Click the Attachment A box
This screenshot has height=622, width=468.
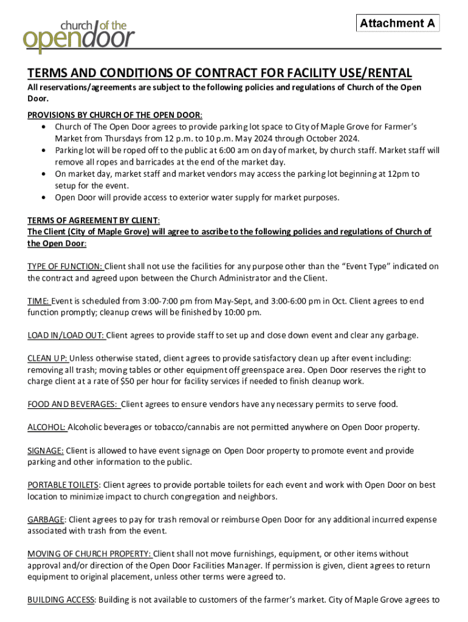tap(397, 23)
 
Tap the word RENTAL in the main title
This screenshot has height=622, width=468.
tap(388, 73)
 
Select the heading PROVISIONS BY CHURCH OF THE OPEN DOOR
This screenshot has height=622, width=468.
tap(115, 115)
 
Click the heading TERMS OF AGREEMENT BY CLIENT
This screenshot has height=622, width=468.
tap(94, 220)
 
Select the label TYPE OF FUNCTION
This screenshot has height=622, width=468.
tap(65, 267)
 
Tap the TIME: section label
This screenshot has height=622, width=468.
tap(38, 301)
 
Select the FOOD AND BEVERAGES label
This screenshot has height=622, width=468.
tap(72, 405)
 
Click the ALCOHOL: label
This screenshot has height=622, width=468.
tap(47, 428)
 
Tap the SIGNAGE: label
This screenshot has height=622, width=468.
tap(46, 451)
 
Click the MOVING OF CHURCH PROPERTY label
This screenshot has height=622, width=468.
tap(89, 554)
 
